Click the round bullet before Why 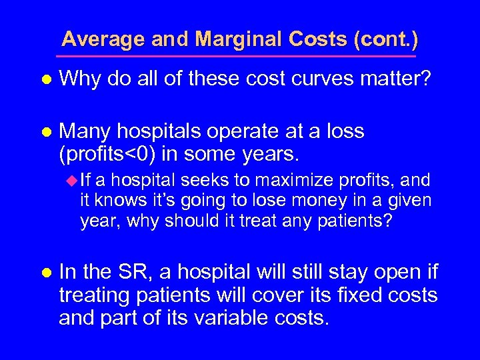tap(46, 80)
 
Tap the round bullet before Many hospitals tap(46, 132)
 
